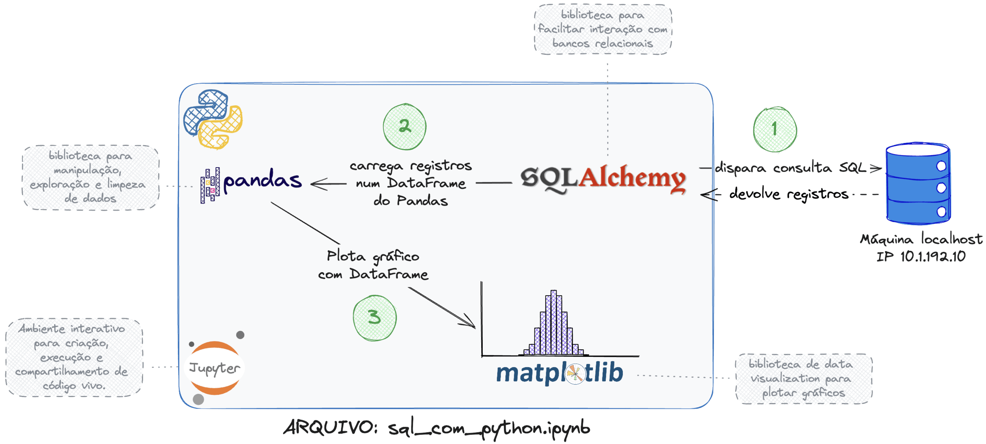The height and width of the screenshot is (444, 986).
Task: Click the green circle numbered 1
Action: point(775,129)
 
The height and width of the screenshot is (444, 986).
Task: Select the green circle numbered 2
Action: point(405,127)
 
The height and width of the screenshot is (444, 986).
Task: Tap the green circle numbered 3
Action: point(374,318)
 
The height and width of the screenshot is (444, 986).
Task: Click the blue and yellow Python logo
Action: point(213,119)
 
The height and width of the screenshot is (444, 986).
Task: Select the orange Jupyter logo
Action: point(215,368)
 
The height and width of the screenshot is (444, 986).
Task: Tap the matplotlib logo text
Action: point(559,373)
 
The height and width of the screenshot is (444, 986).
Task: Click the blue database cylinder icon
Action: point(918,184)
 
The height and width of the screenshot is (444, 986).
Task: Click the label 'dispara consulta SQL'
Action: point(790,168)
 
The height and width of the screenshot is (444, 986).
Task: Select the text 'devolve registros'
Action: point(788,194)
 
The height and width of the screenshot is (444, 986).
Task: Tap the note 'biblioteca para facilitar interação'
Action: point(603,30)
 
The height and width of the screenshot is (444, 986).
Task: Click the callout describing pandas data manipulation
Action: point(90,177)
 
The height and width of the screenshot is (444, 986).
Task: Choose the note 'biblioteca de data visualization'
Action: point(803,379)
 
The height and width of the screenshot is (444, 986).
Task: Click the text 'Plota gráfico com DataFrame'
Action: point(373,265)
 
